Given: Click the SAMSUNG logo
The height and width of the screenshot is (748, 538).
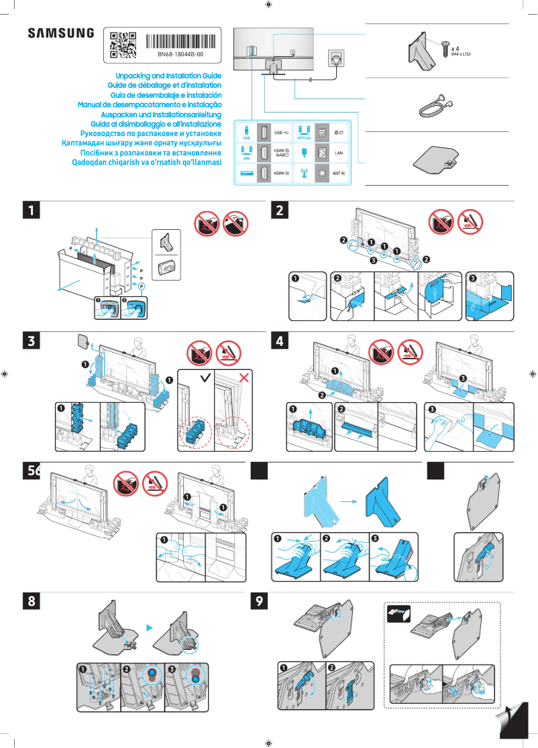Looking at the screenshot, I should (61, 33).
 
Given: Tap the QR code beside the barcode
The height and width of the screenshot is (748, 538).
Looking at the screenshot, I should (123, 43).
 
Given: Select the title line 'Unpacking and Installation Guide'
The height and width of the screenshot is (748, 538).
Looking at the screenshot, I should (168, 76).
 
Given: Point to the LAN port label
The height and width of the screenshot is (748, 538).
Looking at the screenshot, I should (339, 153).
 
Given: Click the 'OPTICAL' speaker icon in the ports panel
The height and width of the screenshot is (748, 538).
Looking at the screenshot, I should (304, 131).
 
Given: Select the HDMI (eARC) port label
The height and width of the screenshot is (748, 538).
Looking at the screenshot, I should (282, 153).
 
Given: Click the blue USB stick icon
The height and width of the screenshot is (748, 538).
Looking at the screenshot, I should (246, 130).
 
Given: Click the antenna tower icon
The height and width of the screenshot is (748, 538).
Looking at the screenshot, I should (303, 174).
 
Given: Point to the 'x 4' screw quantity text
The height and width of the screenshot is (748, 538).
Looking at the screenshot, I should (455, 49).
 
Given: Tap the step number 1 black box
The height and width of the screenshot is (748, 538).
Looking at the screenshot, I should (31, 210).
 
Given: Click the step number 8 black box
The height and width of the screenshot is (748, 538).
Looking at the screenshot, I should (31, 601).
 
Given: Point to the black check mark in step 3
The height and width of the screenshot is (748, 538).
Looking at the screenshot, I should (205, 379).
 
